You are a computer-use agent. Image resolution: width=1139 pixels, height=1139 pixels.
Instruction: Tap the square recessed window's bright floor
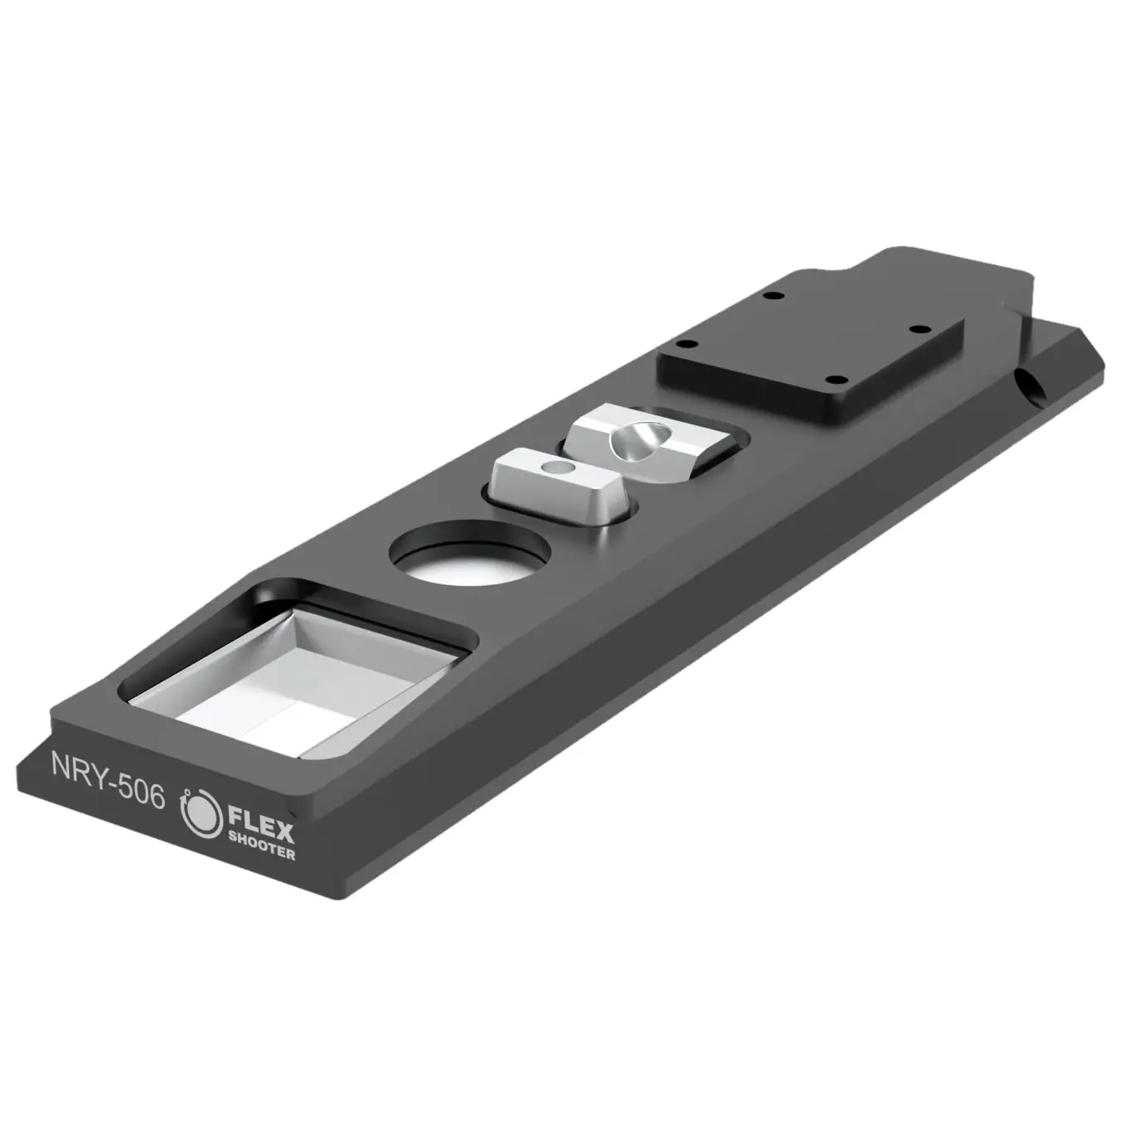click(274, 696)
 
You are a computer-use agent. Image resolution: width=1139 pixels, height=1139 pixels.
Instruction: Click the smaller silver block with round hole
click(550, 482)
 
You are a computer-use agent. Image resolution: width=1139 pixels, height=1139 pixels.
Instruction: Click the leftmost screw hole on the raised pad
click(683, 344)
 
